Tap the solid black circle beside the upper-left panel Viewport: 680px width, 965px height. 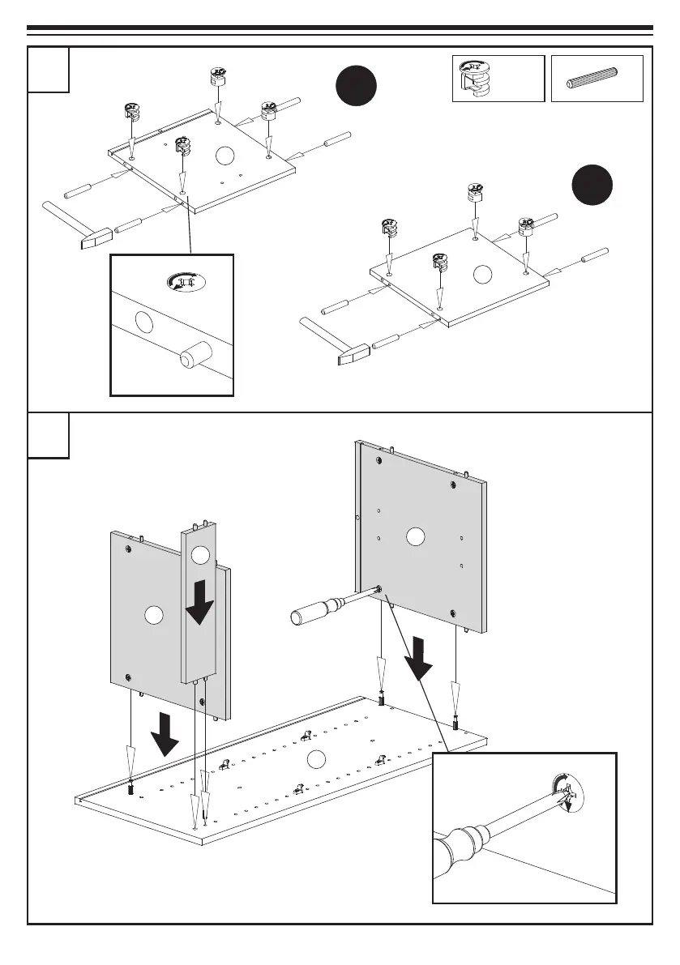pos(357,87)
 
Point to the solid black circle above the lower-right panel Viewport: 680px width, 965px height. pos(592,185)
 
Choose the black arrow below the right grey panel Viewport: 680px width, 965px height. pos(421,657)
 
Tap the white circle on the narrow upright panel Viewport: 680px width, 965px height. pos(200,555)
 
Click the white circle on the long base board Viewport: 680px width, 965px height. pos(317,758)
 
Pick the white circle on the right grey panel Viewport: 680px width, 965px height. pos(416,536)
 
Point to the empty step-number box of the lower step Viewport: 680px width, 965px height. pos(49,435)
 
